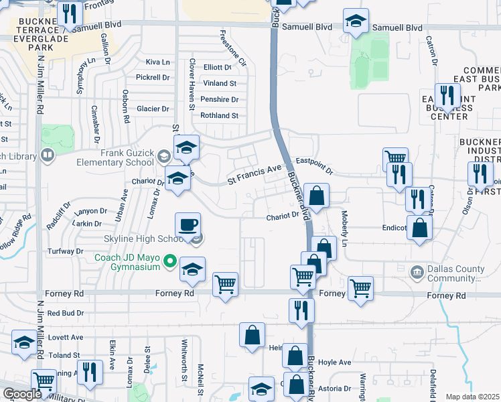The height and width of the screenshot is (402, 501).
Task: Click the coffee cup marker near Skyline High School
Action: pyautogui.click(x=188, y=224)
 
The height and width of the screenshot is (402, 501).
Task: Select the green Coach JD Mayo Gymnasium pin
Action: pyautogui.click(x=170, y=261)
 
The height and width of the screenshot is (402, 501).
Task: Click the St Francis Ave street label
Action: pyautogui.click(x=255, y=175)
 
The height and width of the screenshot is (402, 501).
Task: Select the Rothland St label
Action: pyautogui.click(x=220, y=115)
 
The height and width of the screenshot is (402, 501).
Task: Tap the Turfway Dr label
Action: pyautogui.click(x=65, y=251)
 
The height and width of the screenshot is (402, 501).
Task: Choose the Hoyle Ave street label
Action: pyautogui.click(x=335, y=362)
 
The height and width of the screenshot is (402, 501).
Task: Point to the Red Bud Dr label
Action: pyautogui.click(x=65, y=313)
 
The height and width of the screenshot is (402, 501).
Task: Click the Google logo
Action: pyautogui.click(x=22, y=394)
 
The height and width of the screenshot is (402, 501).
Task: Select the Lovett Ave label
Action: pyautogui.click(x=65, y=337)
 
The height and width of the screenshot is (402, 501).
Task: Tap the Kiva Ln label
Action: pyautogui.click(x=158, y=62)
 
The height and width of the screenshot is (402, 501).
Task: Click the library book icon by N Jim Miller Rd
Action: pyautogui.click(x=47, y=156)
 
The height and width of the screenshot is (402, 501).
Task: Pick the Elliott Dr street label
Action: pyautogui.click(x=217, y=67)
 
